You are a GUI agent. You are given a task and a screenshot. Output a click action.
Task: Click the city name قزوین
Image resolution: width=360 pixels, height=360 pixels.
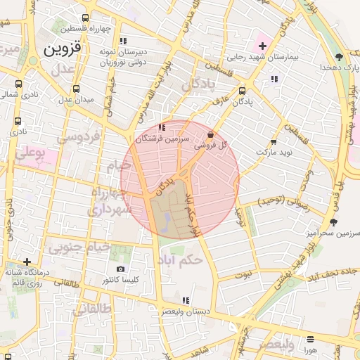pos(63,49)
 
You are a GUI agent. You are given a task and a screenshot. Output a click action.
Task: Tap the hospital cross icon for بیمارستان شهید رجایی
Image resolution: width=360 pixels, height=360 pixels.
pos(262,46)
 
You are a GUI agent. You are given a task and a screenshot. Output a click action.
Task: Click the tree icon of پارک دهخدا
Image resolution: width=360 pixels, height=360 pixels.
pos(340,57)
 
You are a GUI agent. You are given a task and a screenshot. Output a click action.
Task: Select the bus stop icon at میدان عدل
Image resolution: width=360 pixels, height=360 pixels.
pos(76,89)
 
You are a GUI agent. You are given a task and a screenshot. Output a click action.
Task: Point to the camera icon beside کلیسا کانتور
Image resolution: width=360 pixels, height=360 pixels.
pos(121,269)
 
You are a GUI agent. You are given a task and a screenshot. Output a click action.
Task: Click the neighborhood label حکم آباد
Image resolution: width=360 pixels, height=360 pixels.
pos(180,259)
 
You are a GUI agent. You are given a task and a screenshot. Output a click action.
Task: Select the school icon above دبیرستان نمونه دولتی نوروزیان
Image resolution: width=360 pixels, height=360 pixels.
pos(124,41)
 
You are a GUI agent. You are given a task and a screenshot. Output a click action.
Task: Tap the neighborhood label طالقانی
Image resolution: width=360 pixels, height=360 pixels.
pos(94,307)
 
